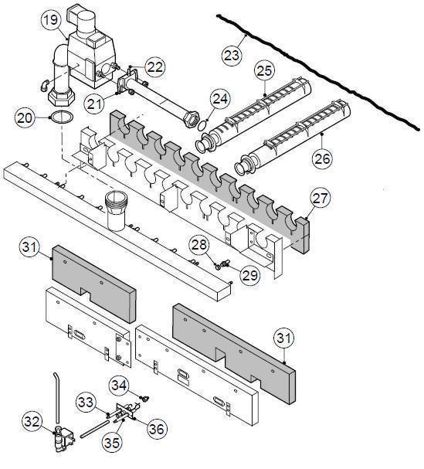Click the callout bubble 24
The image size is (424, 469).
220,99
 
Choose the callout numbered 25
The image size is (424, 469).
264,71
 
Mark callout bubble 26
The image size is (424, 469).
323,158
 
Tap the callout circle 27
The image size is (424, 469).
320,198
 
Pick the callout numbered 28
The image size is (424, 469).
199,246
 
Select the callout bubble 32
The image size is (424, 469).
32,422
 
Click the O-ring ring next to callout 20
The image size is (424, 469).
62,118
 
